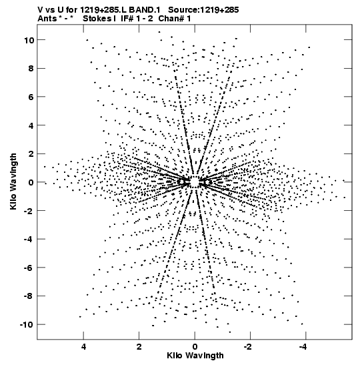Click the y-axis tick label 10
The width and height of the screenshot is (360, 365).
tap(29, 40)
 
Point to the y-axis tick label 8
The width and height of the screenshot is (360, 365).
tap(31, 69)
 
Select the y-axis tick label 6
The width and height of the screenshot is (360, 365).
tap(31, 97)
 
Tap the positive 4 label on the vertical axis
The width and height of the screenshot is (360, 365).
tap(31, 125)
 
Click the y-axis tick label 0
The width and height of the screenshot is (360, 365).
tap(31, 183)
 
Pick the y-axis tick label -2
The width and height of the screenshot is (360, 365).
tap(29, 211)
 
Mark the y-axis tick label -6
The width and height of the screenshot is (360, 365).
tap(29, 268)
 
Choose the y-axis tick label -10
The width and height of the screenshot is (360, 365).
tap(27, 325)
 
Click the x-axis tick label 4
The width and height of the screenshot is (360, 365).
tap(83, 347)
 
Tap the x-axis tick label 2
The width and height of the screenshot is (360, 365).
tap(139, 347)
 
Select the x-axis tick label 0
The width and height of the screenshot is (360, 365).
tap(195, 347)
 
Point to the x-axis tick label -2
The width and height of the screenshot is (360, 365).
tap(249, 347)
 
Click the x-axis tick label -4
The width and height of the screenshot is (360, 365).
tap(304, 347)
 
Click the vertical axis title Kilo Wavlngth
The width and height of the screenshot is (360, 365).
tap(13, 181)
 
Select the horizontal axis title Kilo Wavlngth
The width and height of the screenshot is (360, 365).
tap(195, 356)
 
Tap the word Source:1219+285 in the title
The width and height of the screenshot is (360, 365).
tap(203, 10)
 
